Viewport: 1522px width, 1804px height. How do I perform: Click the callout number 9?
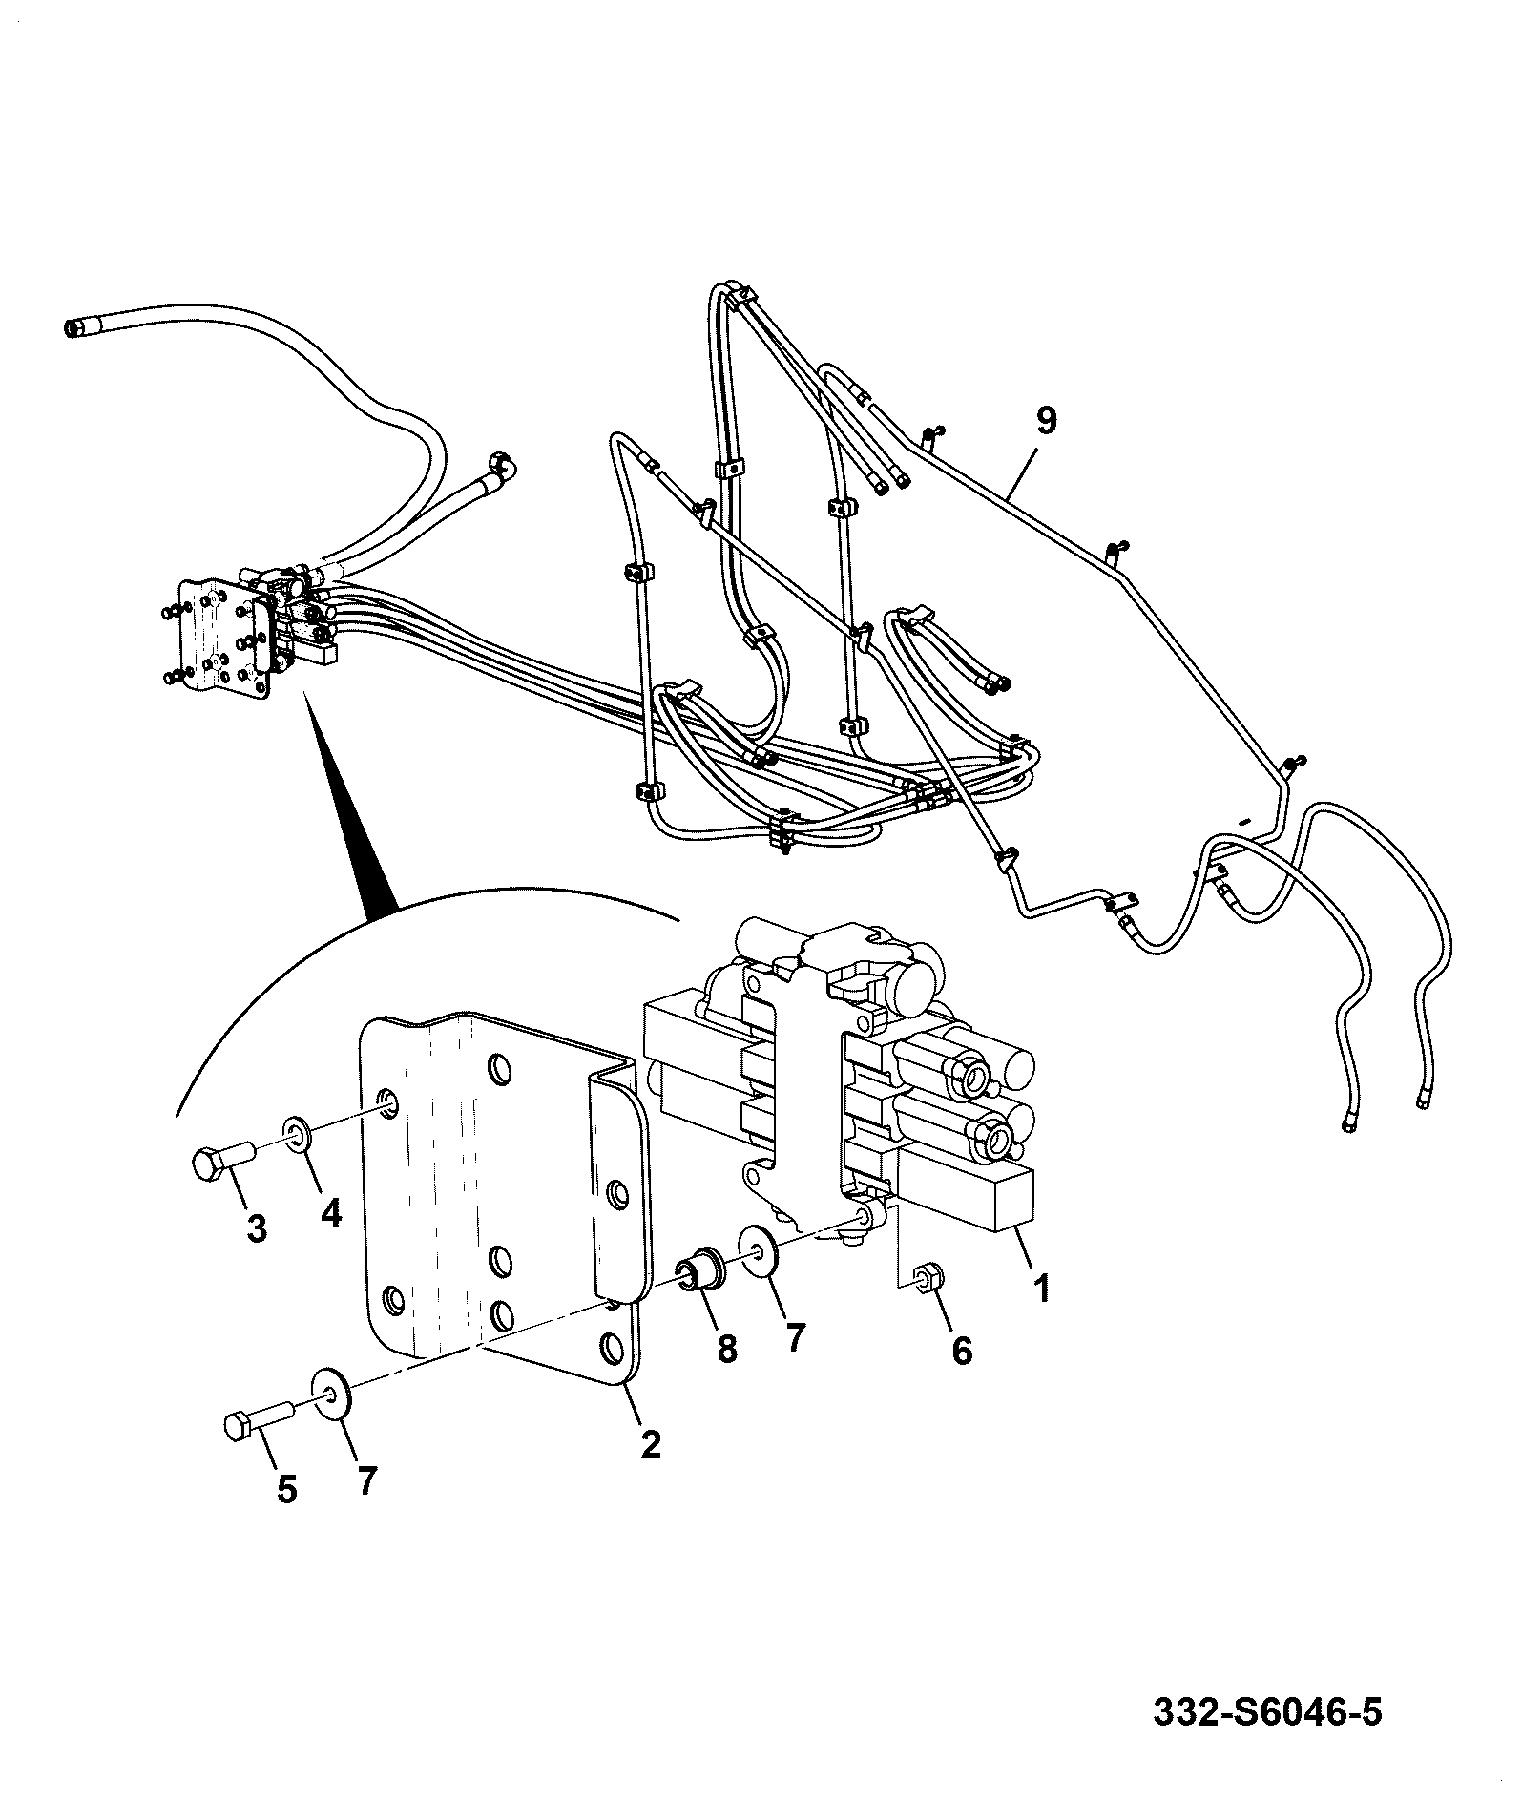1047,421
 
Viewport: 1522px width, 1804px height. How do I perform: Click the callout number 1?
1041,1288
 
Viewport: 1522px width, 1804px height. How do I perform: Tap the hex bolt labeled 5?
259,1426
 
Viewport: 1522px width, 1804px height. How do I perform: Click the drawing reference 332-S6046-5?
1267,1711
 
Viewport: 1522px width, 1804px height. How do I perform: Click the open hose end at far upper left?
73,328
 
